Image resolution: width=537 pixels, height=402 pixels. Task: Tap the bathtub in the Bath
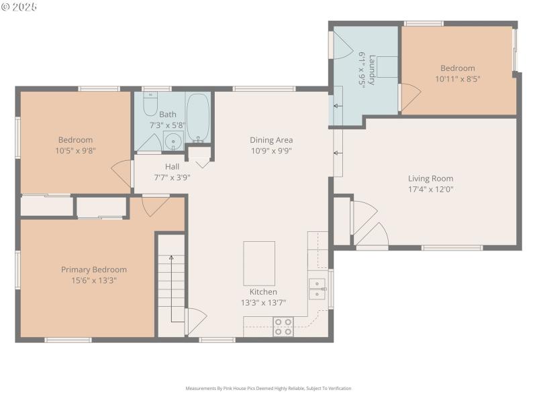198,117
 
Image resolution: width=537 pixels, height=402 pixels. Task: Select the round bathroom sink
173,141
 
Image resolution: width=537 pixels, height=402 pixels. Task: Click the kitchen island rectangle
258,263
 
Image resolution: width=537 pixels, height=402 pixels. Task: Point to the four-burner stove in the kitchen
283,327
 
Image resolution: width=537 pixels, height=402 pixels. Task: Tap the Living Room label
430,178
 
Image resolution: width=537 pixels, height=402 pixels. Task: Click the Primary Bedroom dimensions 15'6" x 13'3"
94,280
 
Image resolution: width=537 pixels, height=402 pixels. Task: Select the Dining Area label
271,140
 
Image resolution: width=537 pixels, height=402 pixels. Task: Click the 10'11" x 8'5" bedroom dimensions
457,78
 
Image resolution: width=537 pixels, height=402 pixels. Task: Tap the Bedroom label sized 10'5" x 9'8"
75,140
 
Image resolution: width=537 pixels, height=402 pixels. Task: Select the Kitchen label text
263,292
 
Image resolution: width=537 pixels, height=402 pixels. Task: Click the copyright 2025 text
19,7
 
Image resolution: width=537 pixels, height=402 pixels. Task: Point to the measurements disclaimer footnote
268,388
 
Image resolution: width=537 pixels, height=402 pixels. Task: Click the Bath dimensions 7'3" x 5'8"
167,125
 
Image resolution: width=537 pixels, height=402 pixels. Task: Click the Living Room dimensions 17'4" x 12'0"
430,189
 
